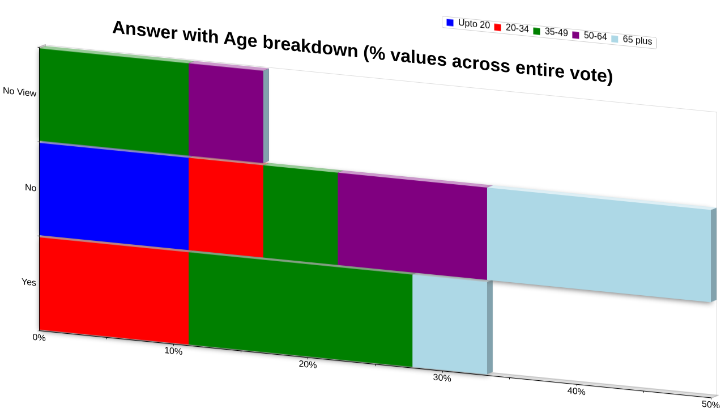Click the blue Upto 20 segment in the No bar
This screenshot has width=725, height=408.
pos(114,196)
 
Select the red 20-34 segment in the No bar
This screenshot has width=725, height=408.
pos(226,207)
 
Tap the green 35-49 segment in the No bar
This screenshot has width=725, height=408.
pos(300,215)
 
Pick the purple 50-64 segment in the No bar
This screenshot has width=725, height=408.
pos(412,226)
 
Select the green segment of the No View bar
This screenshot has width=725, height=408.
pos(114,101)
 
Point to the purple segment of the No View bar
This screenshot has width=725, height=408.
pos(226,113)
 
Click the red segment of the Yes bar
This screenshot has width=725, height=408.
pos(114,291)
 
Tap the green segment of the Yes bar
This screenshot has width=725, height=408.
pos(300,309)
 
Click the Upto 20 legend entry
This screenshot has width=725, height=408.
pos(468,24)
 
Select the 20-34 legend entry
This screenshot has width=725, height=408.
pos(511,28)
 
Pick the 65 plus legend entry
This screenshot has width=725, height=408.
pos(632,40)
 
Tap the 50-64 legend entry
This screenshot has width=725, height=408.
pos(590,36)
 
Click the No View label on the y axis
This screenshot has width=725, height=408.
pos(19,92)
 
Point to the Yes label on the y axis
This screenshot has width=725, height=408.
pos(29,282)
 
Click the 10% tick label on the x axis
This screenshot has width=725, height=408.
pos(173,351)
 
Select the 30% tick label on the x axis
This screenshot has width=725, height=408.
pos(442,378)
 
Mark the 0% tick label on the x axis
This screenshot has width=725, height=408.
pos(39,337)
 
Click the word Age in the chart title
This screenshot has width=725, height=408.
pos(240,40)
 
